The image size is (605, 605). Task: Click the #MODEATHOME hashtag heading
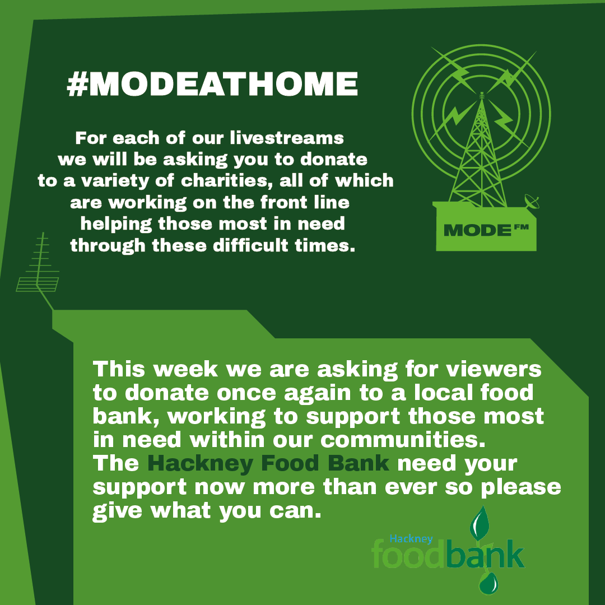pos(212,84)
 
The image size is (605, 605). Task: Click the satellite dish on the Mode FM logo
pos(529,200)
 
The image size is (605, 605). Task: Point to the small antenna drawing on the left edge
pos(38,269)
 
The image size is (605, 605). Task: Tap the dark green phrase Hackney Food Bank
pos(268,464)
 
